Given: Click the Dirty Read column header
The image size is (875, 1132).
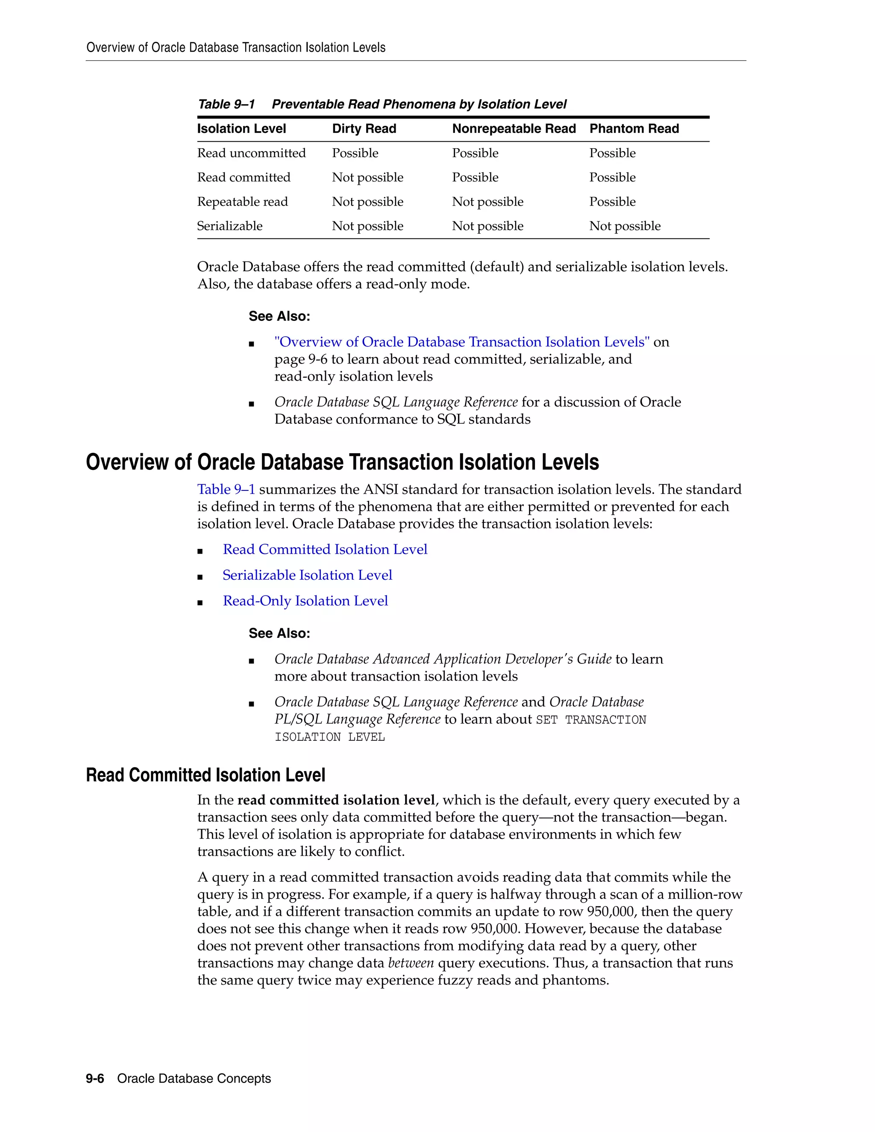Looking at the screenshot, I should pyautogui.click(x=364, y=129).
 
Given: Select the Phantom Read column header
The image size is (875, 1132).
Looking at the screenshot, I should pyautogui.click(x=634, y=129).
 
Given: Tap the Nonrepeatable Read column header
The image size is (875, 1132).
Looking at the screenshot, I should pyautogui.click(x=513, y=129).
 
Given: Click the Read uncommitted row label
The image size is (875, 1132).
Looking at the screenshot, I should pyautogui.click(x=251, y=153).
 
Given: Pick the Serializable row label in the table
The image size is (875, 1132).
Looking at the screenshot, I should pyautogui.click(x=229, y=226).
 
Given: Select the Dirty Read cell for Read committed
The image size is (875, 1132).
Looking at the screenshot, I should pyautogui.click(x=367, y=177).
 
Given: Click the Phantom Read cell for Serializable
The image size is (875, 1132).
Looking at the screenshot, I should pyautogui.click(x=625, y=226).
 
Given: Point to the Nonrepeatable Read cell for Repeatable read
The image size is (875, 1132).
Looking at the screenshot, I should pyautogui.click(x=487, y=202).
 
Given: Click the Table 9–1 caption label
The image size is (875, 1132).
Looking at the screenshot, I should pyautogui.click(x=226, y=104).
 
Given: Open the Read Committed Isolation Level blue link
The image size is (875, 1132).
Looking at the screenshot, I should pyautogui.click(x=325, y=549).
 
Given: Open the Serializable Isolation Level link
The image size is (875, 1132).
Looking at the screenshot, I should pyautogui.click(x=307, y=575).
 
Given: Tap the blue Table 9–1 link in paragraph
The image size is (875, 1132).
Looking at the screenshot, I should pyautogui.click(x=226, y=489).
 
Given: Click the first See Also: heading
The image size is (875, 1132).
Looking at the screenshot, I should pyautogui.click(x=279, y=316).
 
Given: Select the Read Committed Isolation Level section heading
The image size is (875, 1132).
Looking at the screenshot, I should pyautogui.click(x=205, y=775).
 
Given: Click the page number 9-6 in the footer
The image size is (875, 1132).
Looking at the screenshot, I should pyautogui.click(x=95, y=1078).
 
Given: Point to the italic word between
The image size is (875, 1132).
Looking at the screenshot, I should pyautogui.click(x=411, y=963).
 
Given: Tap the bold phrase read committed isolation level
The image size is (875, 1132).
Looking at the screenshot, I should pyautogui.click(x=336, y=800).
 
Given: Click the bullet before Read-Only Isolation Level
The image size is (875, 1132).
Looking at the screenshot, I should pyautogui.click(x=200, y=603).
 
